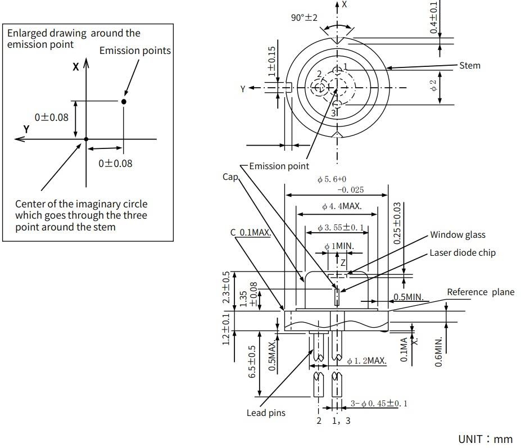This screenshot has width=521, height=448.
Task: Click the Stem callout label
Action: pos(470,65)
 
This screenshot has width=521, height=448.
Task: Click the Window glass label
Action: pos(457,234)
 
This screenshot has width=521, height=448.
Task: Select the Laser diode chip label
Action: pos(463,252)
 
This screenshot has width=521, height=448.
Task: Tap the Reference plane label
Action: pos(481,292)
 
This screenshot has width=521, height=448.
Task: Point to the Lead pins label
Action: pos(266,413)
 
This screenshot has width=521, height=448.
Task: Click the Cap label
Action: pos(230,177)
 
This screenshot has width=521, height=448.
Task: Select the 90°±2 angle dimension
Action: pos(304,17)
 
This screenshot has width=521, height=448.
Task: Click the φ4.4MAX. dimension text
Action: pos(342,206)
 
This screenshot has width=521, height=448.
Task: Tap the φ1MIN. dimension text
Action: pos(339,247)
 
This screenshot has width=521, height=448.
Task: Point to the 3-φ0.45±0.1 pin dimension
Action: pos(379,403)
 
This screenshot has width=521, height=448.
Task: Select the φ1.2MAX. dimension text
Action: pos(366,360)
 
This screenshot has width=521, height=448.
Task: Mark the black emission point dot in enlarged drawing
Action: pos(124,101)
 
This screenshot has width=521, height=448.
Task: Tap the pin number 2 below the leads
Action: pos(319,420)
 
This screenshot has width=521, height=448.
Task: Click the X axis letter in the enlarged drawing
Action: pos(75,66)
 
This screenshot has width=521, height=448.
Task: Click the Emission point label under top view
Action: pos(279,166)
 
